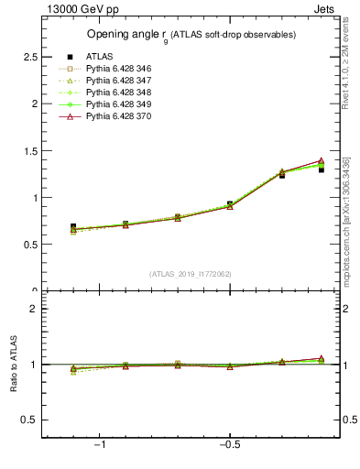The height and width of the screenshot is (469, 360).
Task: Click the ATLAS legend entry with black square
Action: (x=99, y=57)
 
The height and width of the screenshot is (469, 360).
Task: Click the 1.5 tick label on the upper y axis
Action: (x=31, y=150)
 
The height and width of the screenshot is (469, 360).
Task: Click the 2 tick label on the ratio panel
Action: (x=34, y=309)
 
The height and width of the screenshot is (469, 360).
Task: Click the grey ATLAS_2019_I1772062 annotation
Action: (x=191, y=275)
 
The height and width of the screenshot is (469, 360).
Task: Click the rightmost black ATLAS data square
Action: (x=321, y=169)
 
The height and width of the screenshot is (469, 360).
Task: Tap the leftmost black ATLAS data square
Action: (x=73, y=226)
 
